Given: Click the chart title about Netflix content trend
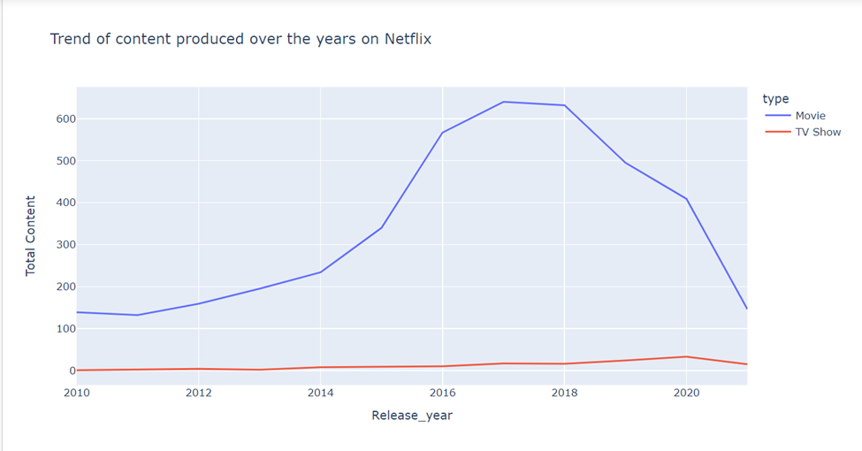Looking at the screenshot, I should coord(240,40).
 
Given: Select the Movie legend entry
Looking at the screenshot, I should coord(810,116).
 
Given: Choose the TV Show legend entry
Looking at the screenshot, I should coord(818,133).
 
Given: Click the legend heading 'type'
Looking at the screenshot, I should coord(775,99).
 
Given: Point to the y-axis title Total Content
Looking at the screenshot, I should coord(31,235).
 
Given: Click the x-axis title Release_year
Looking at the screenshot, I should coord(411,415).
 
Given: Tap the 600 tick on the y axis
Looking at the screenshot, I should coord(55,119).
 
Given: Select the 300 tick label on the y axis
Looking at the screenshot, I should coord(55,245).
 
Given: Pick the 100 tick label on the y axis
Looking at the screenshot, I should coord(55,329).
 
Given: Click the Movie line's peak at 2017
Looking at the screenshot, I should coord(503,102).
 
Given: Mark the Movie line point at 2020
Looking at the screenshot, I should coord(686,199).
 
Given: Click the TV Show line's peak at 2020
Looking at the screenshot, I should coord(686,356).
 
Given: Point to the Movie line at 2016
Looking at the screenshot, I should coord(442,133).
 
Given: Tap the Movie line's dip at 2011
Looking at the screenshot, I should coord(137,315).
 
